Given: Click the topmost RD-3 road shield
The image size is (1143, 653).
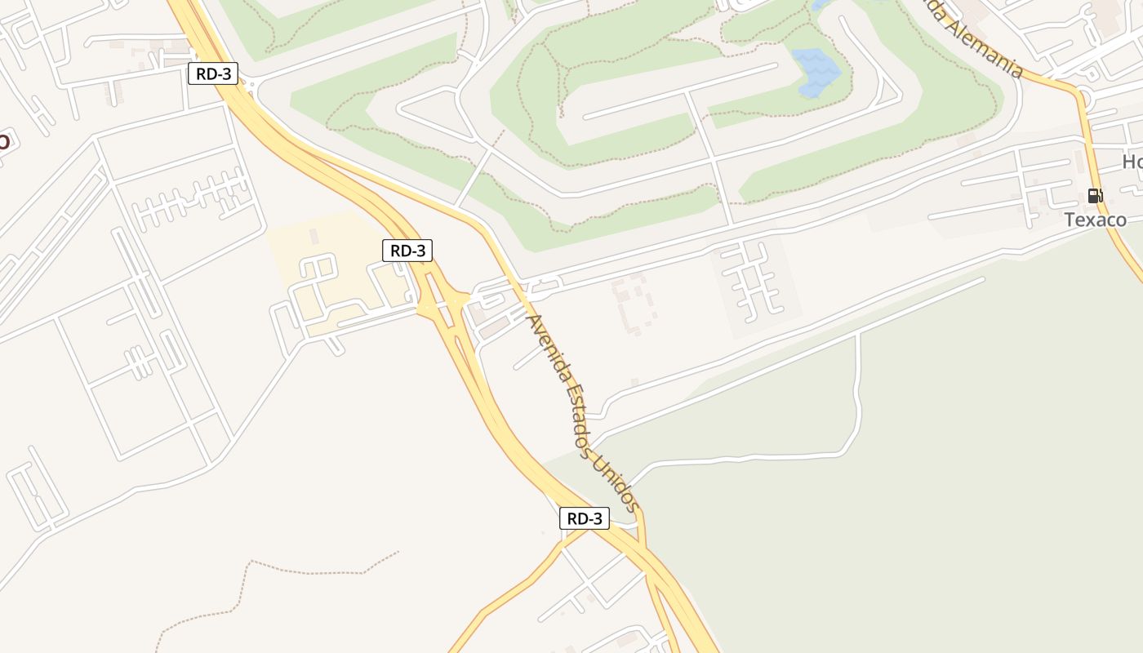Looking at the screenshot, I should [x=213, y=74].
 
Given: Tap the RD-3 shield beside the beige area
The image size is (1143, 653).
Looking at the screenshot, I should [x=407, y=251].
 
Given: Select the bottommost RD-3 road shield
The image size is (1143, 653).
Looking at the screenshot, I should [x=584, y=518].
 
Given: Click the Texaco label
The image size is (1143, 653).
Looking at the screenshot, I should [x=1095, y=220].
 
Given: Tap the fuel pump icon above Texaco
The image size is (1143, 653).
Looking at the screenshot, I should [x=1095, y=196].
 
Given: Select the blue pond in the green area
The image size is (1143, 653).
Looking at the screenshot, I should [x=816, y=71].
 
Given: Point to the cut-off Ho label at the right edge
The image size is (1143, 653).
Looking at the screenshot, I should [x=1132, y=162].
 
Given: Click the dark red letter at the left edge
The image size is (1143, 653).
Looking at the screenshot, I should [x=4, y=140].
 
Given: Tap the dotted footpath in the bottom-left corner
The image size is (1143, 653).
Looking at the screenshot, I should [x=245, y=580].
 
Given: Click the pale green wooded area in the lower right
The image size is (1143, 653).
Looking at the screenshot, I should [x=939, y=490].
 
